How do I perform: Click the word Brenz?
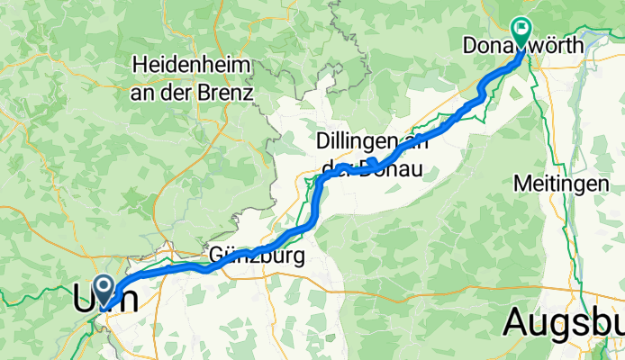point(231,92)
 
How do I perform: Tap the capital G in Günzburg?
point(219,256)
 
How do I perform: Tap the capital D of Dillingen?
point(322,141)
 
